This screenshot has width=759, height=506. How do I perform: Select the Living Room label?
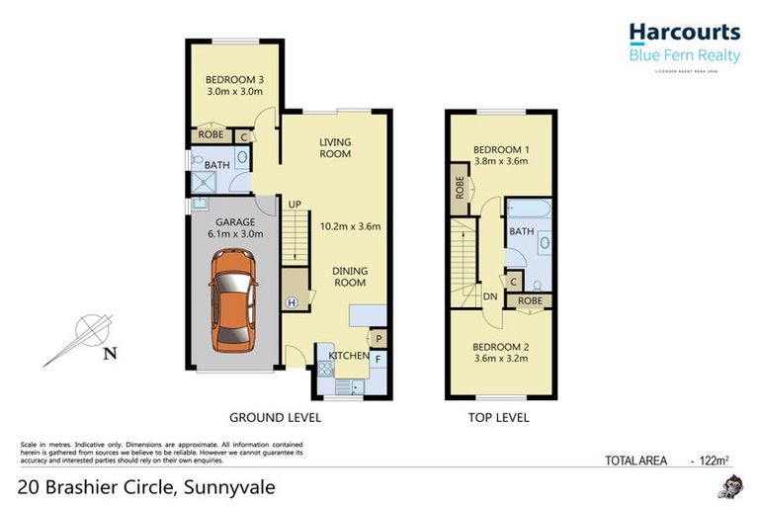pos(335,148)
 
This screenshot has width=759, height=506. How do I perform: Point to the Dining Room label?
pos(349,276)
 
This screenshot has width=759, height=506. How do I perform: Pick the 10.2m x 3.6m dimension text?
pos(351,225)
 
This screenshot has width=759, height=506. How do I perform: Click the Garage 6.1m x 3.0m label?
pos(228,228)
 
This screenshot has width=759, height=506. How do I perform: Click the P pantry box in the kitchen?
pos(378,340)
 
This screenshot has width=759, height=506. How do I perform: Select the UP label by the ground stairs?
pos(294,205)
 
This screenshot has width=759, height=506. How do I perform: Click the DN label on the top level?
pos(490,295)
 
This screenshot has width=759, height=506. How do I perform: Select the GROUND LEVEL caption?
pos(275,418)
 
